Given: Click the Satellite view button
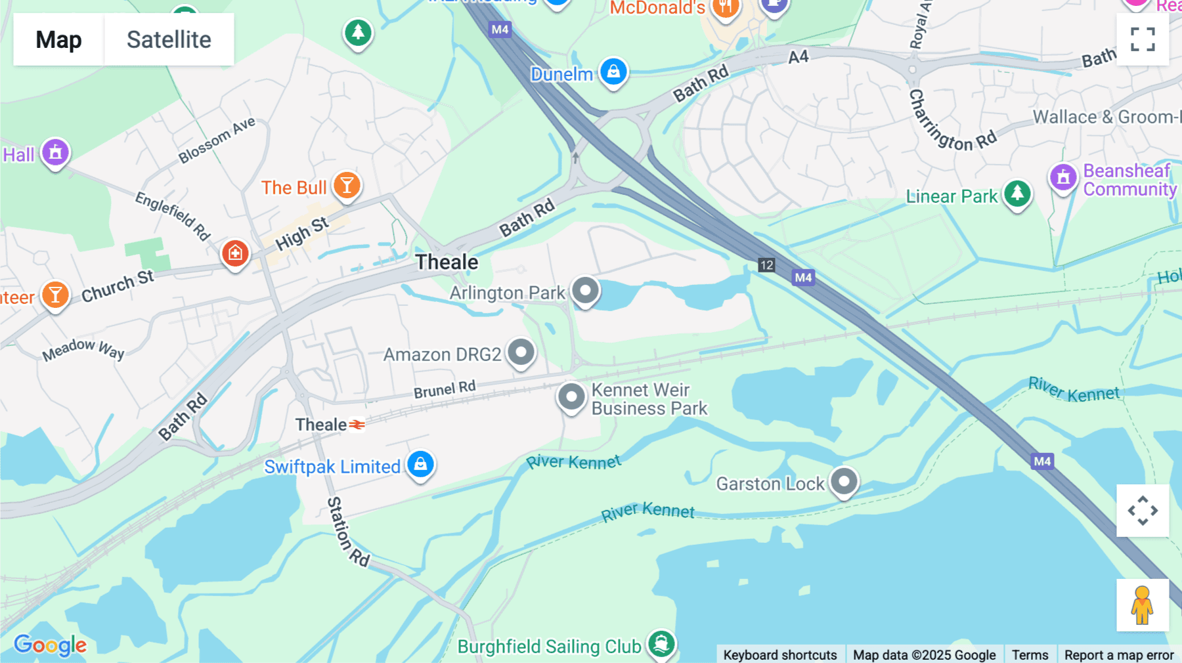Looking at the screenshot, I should [169, 39].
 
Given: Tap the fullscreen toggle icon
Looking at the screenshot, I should [1143, 39].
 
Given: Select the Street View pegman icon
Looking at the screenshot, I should [1143, 605].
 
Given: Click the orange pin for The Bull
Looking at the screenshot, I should [347, 186].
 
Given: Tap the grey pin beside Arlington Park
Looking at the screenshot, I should [585, 290].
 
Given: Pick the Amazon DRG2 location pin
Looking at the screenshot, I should [521, 353].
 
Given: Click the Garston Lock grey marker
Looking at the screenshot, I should [844, 482].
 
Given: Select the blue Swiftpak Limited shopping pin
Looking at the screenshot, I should [421, 464].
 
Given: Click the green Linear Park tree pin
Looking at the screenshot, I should [1017, 194].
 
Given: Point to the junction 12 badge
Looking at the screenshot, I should [766, 265].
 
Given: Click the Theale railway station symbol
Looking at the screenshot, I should [357, 425].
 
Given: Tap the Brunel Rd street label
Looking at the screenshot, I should [445, 389].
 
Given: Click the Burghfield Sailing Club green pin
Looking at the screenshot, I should [661, 644].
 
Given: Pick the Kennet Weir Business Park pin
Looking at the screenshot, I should [571, 397].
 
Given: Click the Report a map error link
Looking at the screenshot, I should [1118, 654].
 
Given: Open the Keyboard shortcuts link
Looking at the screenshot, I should [779, 654].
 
